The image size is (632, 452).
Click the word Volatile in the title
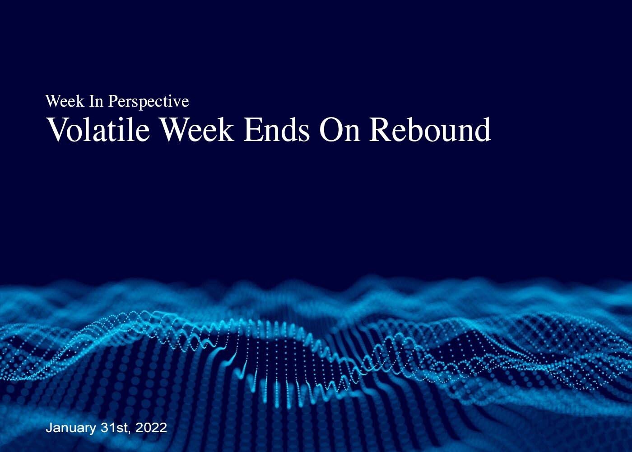coord(99,129)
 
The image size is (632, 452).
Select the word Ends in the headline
coord(277,129)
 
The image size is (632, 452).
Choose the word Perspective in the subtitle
coord(149,102)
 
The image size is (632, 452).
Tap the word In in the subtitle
coord(96,101)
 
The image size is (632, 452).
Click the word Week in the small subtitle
coord(65,101)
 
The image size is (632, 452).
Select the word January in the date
coord(71,428)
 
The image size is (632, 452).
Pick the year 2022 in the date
coord(151,428)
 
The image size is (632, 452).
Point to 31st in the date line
coord(114,428)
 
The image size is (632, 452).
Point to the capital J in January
coord(49,428)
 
